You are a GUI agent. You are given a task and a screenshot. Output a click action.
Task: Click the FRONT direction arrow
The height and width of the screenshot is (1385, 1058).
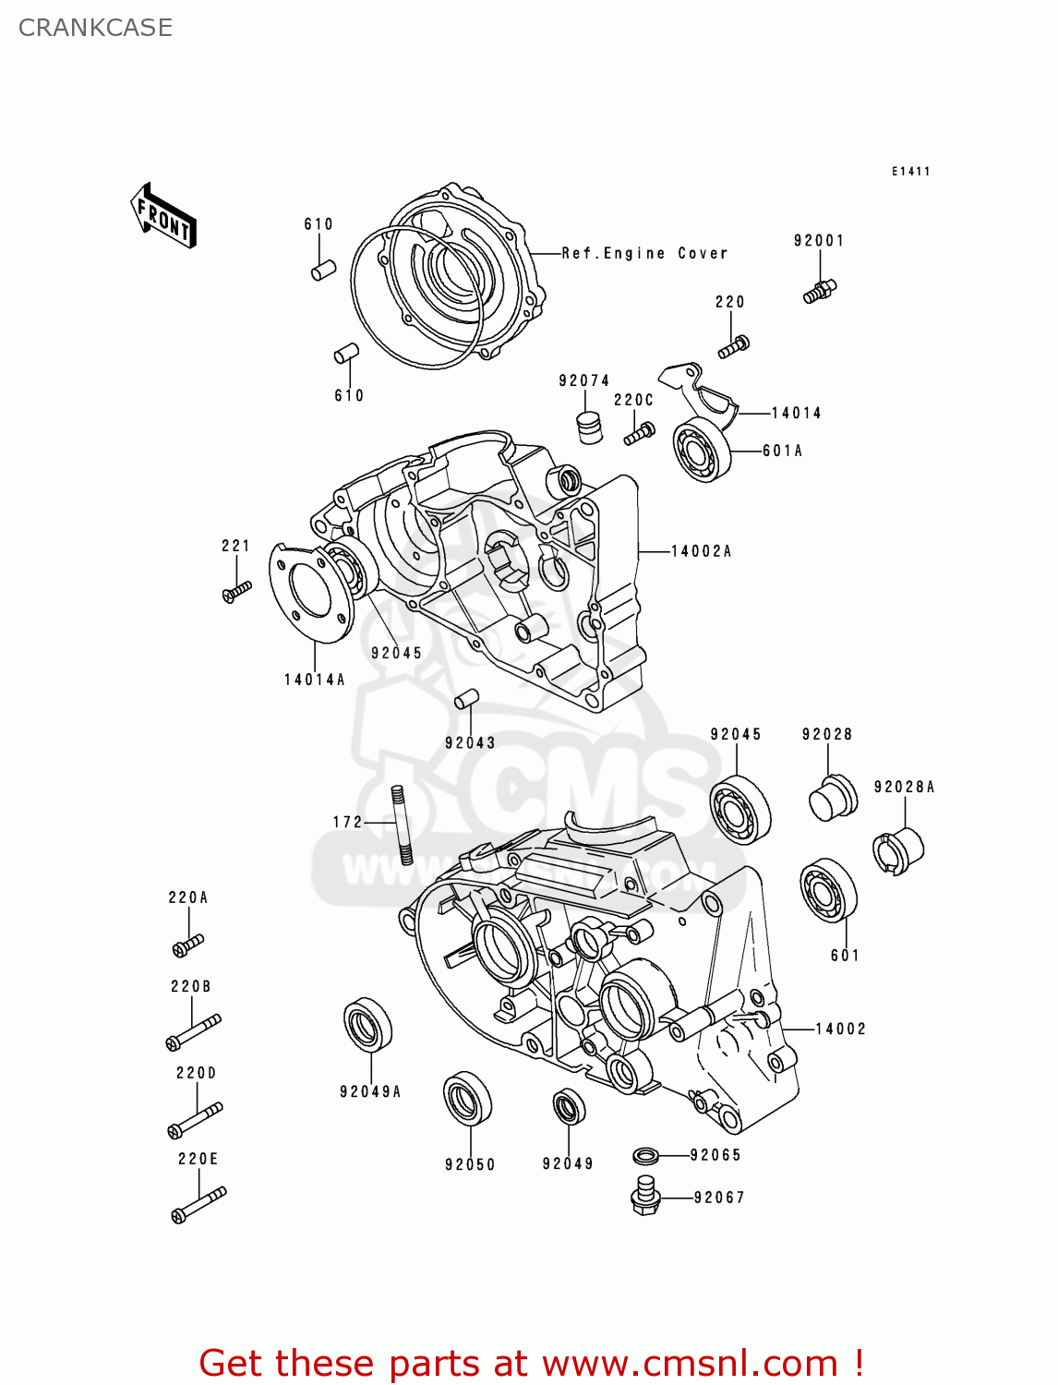tap(163, 216)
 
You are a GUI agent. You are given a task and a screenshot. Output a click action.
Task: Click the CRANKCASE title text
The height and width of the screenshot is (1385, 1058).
tap(95, 28)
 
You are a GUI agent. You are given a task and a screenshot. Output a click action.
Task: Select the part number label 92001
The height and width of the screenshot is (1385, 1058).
tap(819, 241)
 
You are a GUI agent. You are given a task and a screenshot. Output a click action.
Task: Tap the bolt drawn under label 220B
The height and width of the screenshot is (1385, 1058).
tap(193, 1031)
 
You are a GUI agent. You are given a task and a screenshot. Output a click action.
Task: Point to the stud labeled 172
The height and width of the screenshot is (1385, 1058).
tap(401, 824)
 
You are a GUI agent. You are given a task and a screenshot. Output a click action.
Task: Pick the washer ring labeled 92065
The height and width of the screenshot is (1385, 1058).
tap(646, 1155)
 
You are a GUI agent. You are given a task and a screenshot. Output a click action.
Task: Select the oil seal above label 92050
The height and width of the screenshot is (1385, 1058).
tap(467, 1099)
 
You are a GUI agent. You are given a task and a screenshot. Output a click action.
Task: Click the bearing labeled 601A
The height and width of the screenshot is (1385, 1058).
tap(702, 450)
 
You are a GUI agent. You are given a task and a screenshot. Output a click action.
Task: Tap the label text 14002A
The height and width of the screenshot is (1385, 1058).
tap(701, 551)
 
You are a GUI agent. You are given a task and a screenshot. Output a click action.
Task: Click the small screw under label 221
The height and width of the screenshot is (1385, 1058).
tap(236, 591)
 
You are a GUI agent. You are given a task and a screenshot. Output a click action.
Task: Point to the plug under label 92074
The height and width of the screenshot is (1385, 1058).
tap(589, 428)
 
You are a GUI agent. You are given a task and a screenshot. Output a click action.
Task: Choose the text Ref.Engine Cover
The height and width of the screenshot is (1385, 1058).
tap(644, 253)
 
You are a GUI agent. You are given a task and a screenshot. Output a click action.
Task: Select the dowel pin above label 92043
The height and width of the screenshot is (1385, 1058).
tap(466, 699)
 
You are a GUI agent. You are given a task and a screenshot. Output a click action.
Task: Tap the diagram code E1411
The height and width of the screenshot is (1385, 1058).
tap(910, 172)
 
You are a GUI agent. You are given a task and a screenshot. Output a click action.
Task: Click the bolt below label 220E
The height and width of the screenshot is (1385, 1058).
tap(198, 1205)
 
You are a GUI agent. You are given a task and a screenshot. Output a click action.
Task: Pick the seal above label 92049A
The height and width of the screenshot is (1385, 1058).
tap(367, 1024)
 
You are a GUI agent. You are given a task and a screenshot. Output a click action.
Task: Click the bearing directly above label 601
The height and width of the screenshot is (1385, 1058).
tap(828, 890)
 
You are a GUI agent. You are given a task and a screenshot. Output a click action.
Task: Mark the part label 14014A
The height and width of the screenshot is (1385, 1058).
tap(314, 680)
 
